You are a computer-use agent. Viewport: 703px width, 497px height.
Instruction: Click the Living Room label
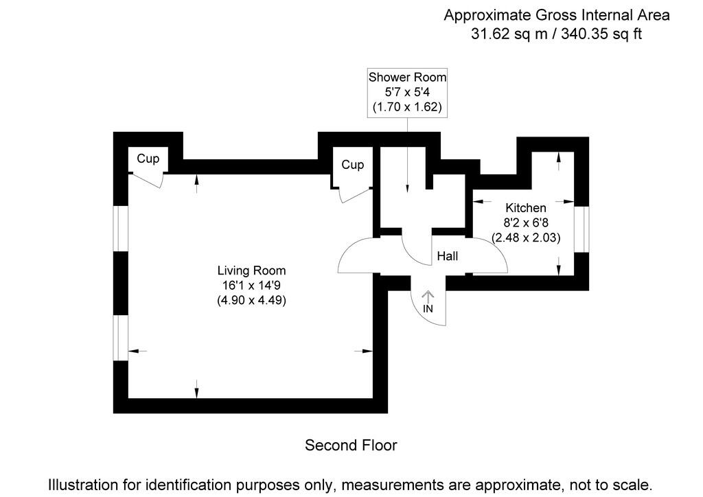pos(251,270)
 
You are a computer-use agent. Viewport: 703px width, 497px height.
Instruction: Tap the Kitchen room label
pos(526,208)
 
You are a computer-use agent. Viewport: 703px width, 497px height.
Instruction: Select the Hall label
pos(447,257)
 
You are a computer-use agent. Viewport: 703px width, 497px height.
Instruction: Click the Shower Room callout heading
pos(407,76)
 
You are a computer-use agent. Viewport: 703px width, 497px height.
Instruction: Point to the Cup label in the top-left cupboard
pos(148,159)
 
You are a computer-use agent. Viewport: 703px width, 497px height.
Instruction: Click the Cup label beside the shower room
pos(352,165)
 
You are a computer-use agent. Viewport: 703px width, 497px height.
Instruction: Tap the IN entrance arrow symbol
pos(428,297)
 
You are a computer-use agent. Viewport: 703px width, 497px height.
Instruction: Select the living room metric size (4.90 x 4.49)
pos(251,300)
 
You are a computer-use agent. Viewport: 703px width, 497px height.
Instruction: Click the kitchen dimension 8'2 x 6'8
pos(526,223)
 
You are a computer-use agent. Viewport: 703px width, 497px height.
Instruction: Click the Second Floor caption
pos(351,446)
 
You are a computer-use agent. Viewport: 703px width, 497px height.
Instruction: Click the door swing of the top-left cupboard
pos(150,180)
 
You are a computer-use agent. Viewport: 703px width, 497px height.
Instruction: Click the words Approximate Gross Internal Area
pos(556,14)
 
